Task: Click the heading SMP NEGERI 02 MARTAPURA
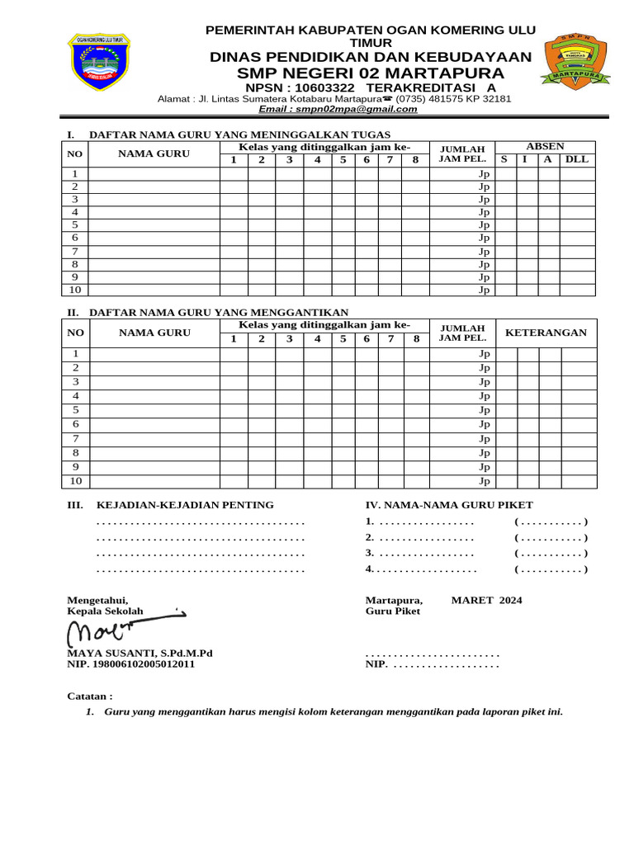click(x=370, y=73)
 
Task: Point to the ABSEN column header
click(x=545, y=147)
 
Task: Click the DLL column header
click(x=576, y=159)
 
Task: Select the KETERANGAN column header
click(x=545, y=333)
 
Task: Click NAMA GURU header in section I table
click(x=154, y=153)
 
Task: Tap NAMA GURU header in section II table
click(x=154, y=333)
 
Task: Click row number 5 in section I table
click(x=75, y=225)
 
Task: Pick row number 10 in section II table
click(x=75, y=481)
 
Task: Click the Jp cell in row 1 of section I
click(x=485, y=174)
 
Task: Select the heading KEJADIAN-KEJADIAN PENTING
click(x=185, y=505)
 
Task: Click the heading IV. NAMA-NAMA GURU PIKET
click(x=449, y=505)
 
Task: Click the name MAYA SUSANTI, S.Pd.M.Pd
click(x=140, y=653)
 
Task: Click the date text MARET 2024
click(x=486, y=600)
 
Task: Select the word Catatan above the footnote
click(x=89, y=696)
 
